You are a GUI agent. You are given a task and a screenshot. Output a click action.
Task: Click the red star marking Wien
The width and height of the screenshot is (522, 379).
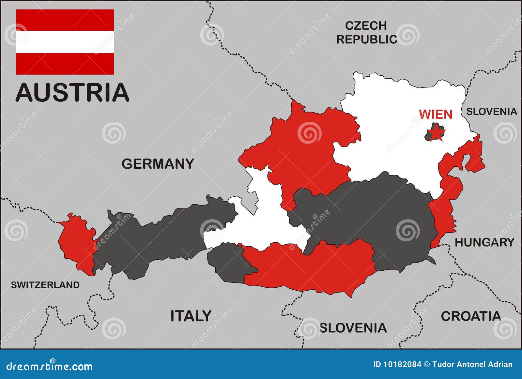tap(436, 134)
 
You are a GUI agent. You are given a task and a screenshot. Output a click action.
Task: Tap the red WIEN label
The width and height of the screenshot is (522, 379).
tap(436, 114)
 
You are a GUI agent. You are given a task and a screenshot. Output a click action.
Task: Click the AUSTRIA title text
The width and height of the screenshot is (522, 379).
tap(72, 93)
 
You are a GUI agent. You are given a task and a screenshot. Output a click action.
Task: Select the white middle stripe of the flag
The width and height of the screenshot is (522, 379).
tap(65, 42)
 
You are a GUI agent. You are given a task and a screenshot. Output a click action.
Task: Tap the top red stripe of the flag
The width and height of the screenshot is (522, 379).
tap(65, 20)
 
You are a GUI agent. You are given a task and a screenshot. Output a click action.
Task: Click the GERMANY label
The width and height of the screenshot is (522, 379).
tap(158, 164)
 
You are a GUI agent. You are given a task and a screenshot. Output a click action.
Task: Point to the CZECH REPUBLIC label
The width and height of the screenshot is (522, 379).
tap(366, 33)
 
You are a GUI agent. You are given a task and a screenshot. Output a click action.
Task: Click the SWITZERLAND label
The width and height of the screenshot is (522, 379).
tap(45, 285)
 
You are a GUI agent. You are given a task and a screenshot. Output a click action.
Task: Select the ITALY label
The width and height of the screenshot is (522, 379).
tap(191, 316)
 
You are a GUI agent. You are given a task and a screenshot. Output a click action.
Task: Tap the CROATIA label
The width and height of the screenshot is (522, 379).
tap(470, 316)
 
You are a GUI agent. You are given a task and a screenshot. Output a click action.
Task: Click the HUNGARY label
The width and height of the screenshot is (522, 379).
tap(484, 242)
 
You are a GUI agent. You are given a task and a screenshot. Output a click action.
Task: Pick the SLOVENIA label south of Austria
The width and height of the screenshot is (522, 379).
tap(353, 328)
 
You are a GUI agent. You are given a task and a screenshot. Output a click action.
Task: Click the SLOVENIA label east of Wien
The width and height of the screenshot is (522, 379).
tap(491, 112)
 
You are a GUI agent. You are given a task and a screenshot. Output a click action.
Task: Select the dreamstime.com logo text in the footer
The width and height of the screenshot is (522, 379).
tap(50, 366)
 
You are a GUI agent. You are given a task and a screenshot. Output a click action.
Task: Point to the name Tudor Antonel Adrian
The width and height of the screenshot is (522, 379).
tap(472, 364)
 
